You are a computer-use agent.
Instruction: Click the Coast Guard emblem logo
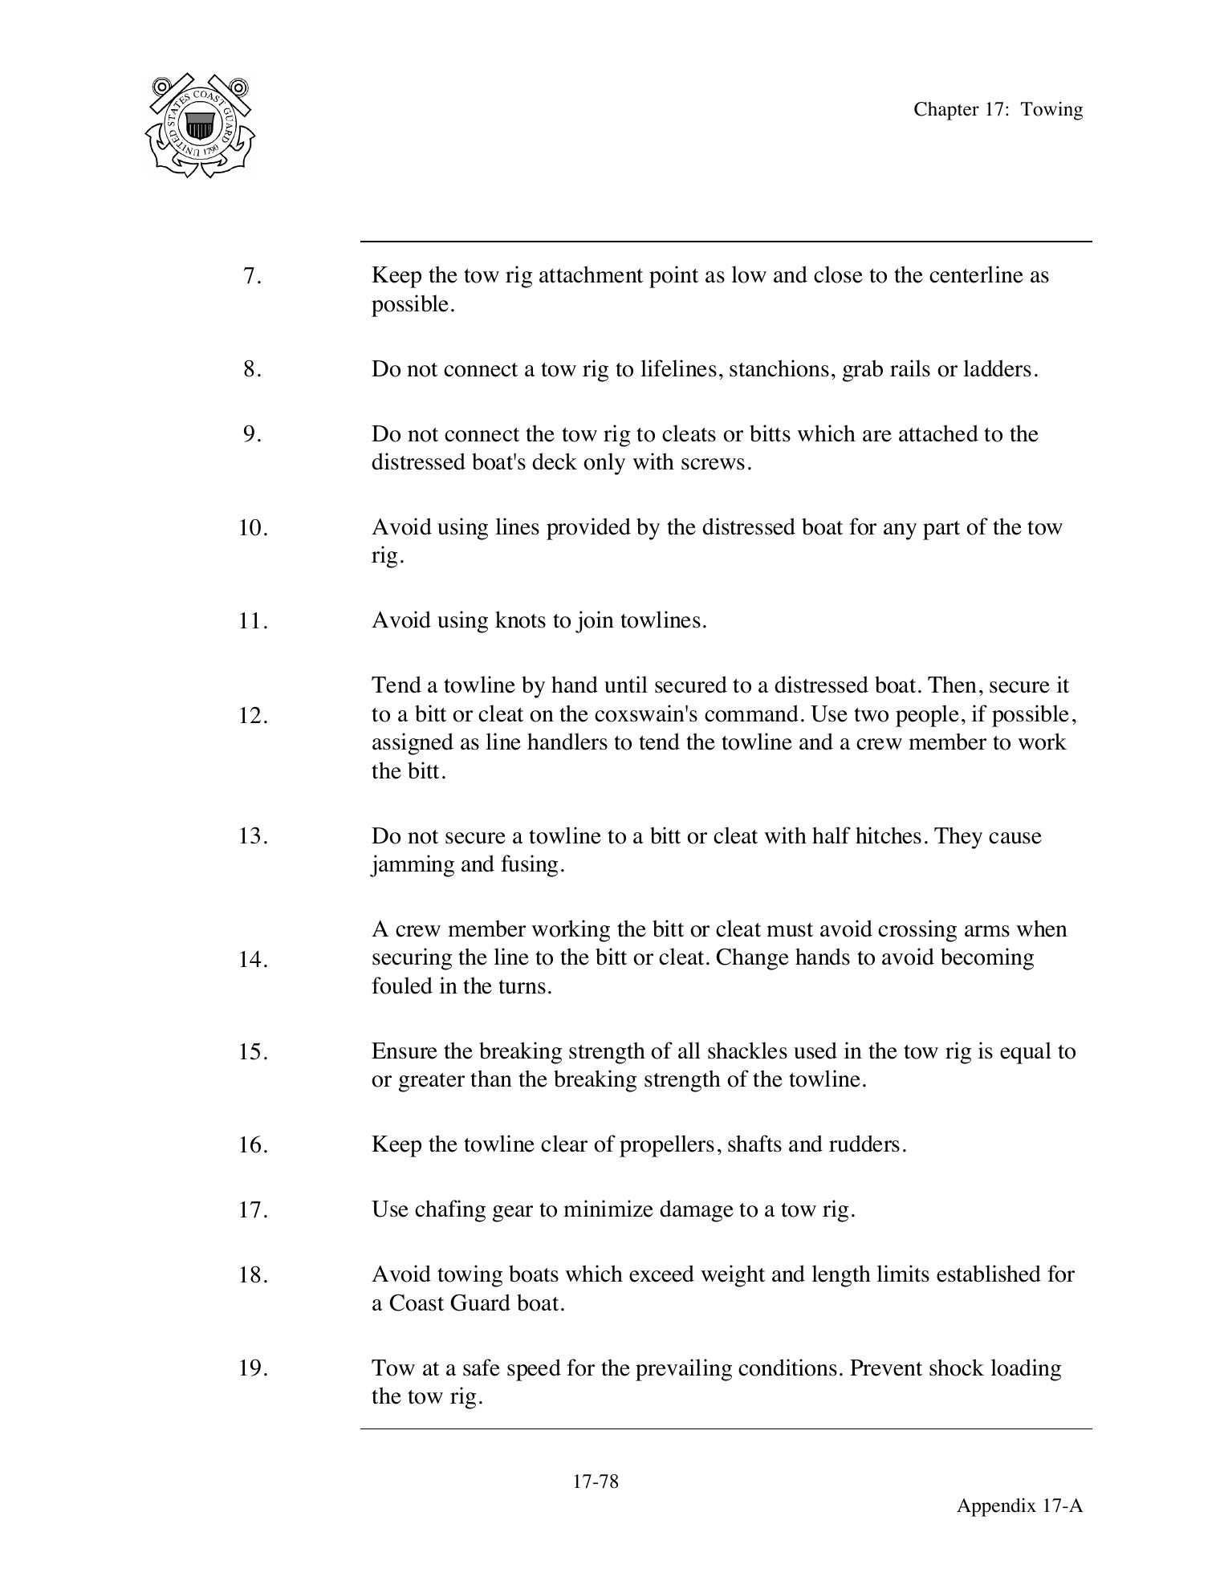click(200, 126)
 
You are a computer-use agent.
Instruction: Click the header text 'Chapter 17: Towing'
click(998, 110)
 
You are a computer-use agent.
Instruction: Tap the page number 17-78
click(596, 1481)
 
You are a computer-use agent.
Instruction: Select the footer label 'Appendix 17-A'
click(1019, 1506)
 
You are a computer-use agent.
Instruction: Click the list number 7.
click(252, 276)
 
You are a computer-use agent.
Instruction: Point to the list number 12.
click(253, 716)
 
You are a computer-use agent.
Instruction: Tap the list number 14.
click(253, 959)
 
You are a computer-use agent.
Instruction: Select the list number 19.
click(253, 1368)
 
